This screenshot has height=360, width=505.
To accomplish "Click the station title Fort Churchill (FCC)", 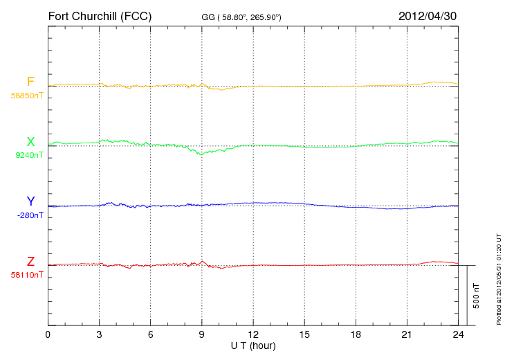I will [x=100, y=15].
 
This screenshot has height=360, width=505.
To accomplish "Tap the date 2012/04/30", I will [x=428, y=15].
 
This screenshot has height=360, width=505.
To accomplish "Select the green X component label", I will [x=30, y=142].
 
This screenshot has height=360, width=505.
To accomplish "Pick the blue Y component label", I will [x=30, y=201].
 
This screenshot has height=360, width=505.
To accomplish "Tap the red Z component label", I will [x=30, y=262].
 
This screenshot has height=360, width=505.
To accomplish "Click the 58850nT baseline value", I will [x=27, y=96].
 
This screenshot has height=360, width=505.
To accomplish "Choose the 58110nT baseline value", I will [x=27, y=275].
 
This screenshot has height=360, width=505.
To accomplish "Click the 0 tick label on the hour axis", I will [x=48, y=335].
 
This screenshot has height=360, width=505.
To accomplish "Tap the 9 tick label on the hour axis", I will [x=202, y=335].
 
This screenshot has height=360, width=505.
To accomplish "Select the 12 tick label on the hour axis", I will [x=253, y=335].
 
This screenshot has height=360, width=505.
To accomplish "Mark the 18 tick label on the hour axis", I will [x=356, y=335].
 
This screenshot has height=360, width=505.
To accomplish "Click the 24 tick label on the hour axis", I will [x=458, y=335].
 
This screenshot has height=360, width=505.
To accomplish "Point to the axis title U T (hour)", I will [x=253, y=345].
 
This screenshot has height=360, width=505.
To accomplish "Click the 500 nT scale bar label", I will [x=476, y=295].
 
